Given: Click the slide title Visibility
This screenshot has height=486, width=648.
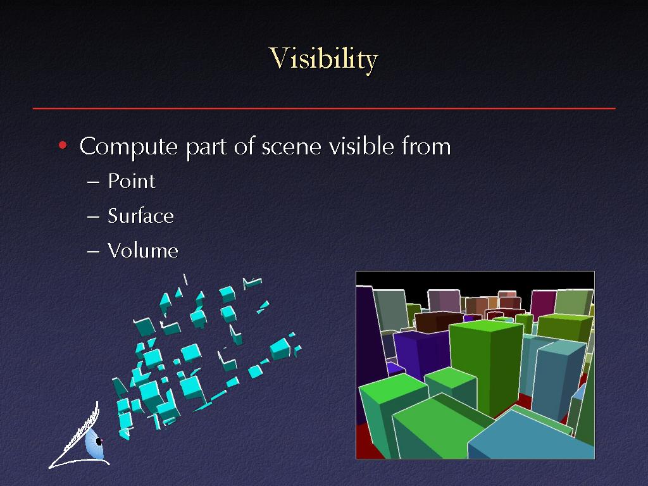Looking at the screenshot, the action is pos(323,59).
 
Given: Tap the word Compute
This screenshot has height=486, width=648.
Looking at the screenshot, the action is pos(128,147).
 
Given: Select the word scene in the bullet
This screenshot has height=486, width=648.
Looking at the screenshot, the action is pos(291,147).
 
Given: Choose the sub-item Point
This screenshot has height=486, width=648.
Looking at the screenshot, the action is pos(132,181).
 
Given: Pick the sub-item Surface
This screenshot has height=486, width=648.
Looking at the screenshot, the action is pos(140,216).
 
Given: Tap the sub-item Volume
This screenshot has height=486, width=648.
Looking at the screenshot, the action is pos(143,251).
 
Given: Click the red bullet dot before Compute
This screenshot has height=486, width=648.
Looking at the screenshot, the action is pos(63,145).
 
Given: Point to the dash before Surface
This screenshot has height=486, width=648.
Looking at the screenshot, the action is pos(94,216).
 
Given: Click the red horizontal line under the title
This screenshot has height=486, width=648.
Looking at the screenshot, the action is pos(324,109).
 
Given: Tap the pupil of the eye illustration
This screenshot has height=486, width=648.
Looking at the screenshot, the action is pos(99,441).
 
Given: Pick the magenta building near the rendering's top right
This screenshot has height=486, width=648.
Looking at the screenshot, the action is pos(542,304).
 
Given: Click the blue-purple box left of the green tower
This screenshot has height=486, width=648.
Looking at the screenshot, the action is pos(421,353).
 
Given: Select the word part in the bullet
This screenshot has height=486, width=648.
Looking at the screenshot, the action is pos(206,147).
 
